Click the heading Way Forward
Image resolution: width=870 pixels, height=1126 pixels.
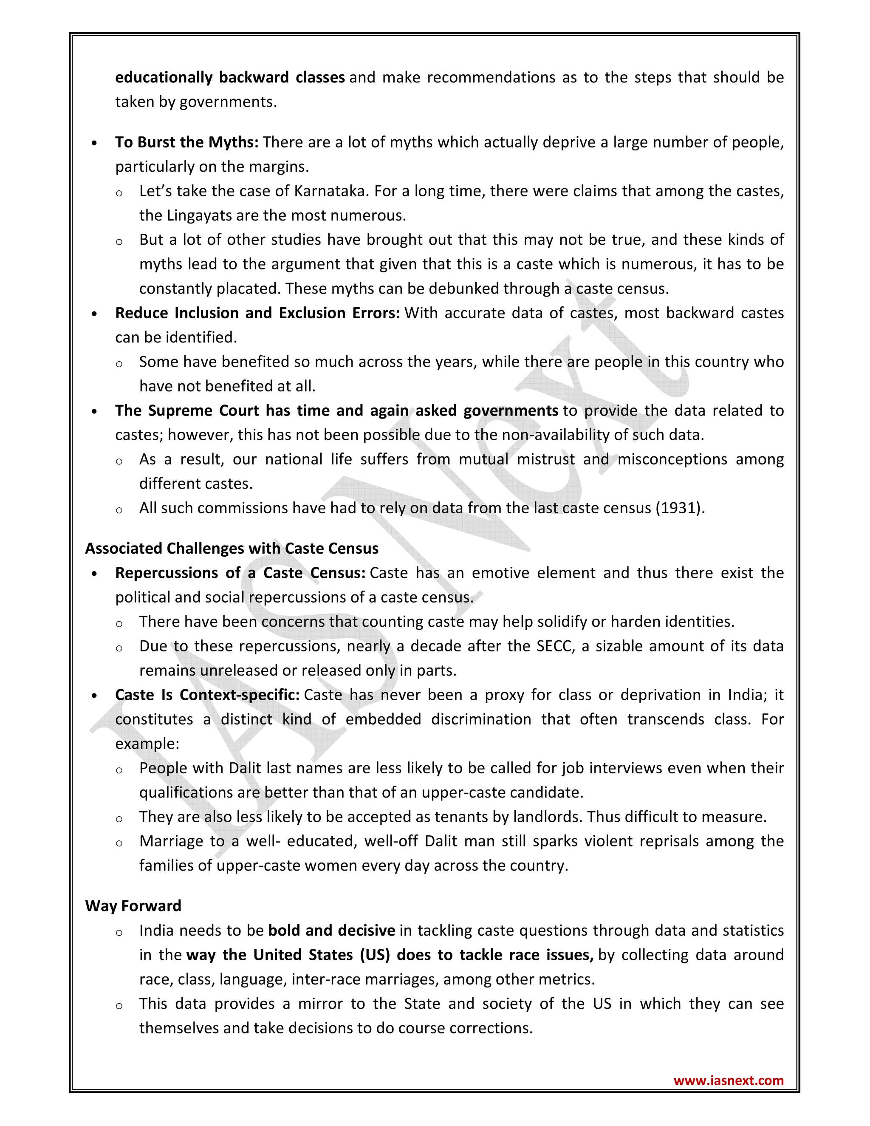pos(133,906)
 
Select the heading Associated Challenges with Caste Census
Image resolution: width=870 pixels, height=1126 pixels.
pos(232,548)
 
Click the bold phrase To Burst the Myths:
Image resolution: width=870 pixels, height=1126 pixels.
pos(186,142)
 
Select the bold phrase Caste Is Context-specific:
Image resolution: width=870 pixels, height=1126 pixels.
pos(207,695)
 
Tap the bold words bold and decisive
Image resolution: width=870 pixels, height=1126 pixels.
pos(331,931)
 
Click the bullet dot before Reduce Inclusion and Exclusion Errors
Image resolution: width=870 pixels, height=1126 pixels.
pos(94,314)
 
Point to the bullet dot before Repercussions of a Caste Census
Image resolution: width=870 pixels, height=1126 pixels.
pos(94,574)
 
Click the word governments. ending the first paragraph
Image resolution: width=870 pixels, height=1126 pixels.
pos(228,102)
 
